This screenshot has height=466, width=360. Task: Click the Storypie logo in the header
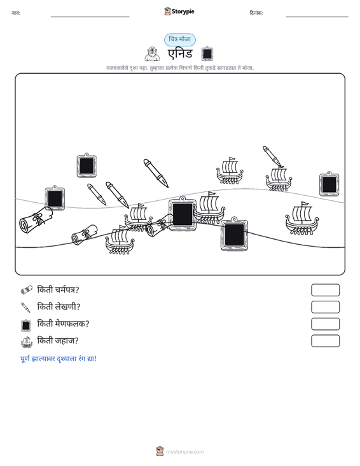[179, 11]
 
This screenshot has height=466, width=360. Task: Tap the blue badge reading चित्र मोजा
[180, 39]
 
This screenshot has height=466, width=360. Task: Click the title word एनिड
[180, 54]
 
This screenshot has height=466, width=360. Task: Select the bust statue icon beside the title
[152, 54]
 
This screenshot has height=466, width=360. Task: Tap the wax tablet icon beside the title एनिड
[207, 54]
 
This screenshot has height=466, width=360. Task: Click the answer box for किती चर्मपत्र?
[325, 290]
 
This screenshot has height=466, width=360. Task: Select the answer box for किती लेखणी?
[325, 307]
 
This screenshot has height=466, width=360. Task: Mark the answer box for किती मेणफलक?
[325, 324]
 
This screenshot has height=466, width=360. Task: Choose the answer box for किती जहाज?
[325, 341]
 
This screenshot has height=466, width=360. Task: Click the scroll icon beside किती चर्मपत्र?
[27, 290]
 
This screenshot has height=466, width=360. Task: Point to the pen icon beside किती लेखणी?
[26, 307]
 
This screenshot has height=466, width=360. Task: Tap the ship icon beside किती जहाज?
[27, 342]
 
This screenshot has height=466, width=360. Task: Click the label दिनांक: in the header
[256, 13]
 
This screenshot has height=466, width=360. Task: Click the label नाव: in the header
[16, 13]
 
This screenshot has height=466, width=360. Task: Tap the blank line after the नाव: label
[90, 17]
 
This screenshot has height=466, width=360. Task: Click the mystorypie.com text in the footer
[185, 452]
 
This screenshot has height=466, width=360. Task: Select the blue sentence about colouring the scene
[59, 359]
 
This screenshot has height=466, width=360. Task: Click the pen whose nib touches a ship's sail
[273, 156]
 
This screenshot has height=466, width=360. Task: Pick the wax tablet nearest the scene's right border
[329, 184]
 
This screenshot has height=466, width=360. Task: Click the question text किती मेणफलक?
[63, 324]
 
